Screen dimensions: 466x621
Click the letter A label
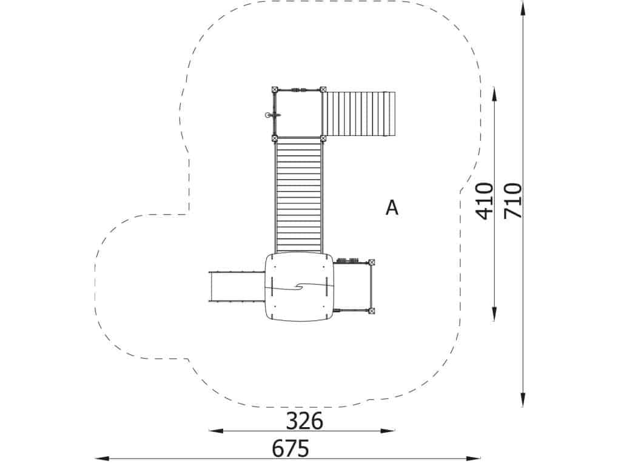point(392,208)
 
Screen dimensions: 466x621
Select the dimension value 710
point(513,201)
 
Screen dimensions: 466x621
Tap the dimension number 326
point(304,420)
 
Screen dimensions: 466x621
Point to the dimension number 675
point(290,448)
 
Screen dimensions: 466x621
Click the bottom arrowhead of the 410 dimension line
point(495,314)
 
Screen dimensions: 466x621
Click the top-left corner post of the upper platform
point(275,89)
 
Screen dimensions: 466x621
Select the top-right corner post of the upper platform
point(323,89)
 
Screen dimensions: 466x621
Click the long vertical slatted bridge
point(298,194)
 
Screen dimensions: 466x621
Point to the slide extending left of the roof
point(235,286)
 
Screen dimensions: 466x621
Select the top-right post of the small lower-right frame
point(371,262)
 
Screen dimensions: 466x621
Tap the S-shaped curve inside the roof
point(298,287)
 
